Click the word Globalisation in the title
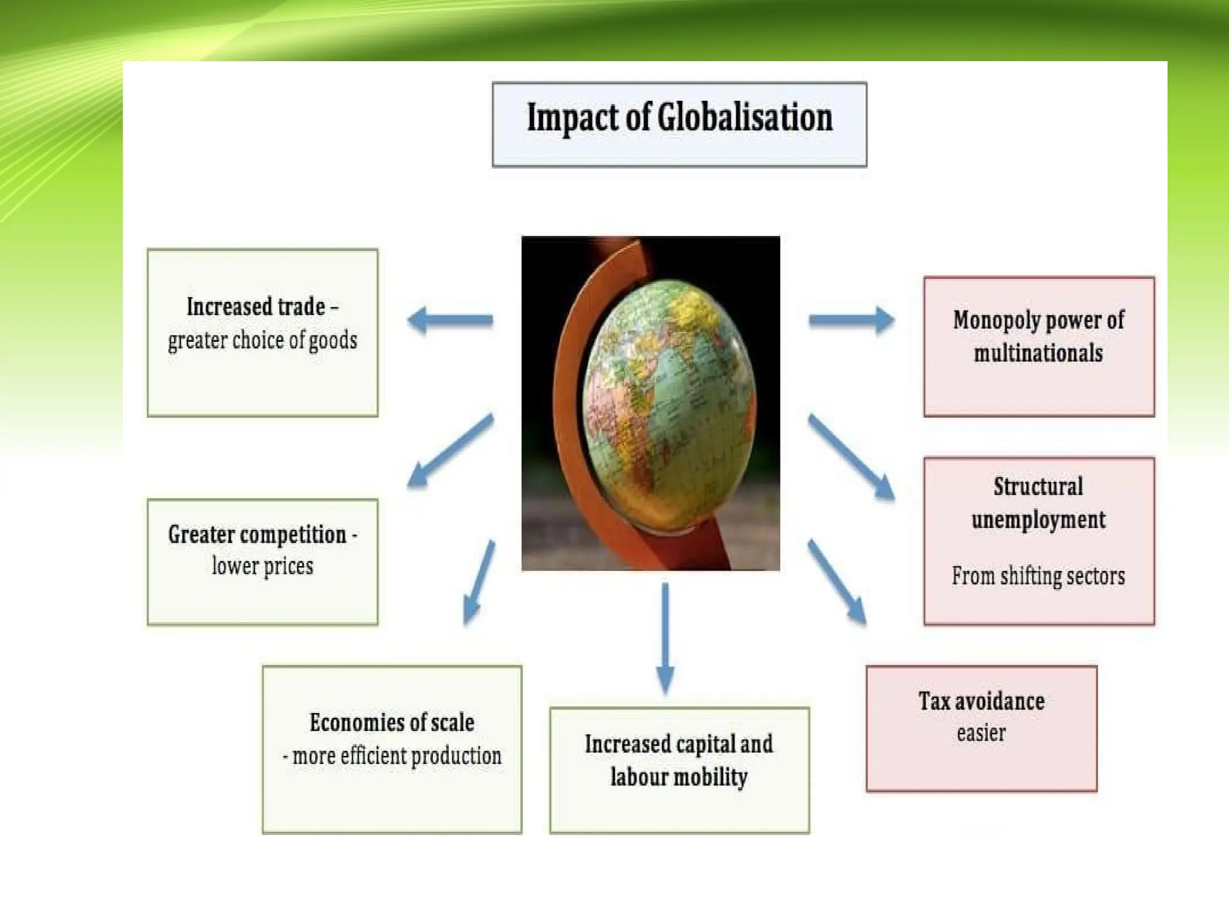745,118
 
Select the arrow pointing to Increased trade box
450,320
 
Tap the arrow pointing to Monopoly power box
851,320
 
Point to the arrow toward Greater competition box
451,450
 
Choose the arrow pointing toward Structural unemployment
851,456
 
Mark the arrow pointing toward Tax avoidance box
837,582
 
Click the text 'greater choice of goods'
262,340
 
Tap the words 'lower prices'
262,566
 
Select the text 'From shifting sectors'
1038,576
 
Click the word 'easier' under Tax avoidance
981,733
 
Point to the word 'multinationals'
1038,353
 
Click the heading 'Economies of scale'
392,722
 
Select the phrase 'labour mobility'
679,777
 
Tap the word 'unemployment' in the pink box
1038,520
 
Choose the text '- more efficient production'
392,756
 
